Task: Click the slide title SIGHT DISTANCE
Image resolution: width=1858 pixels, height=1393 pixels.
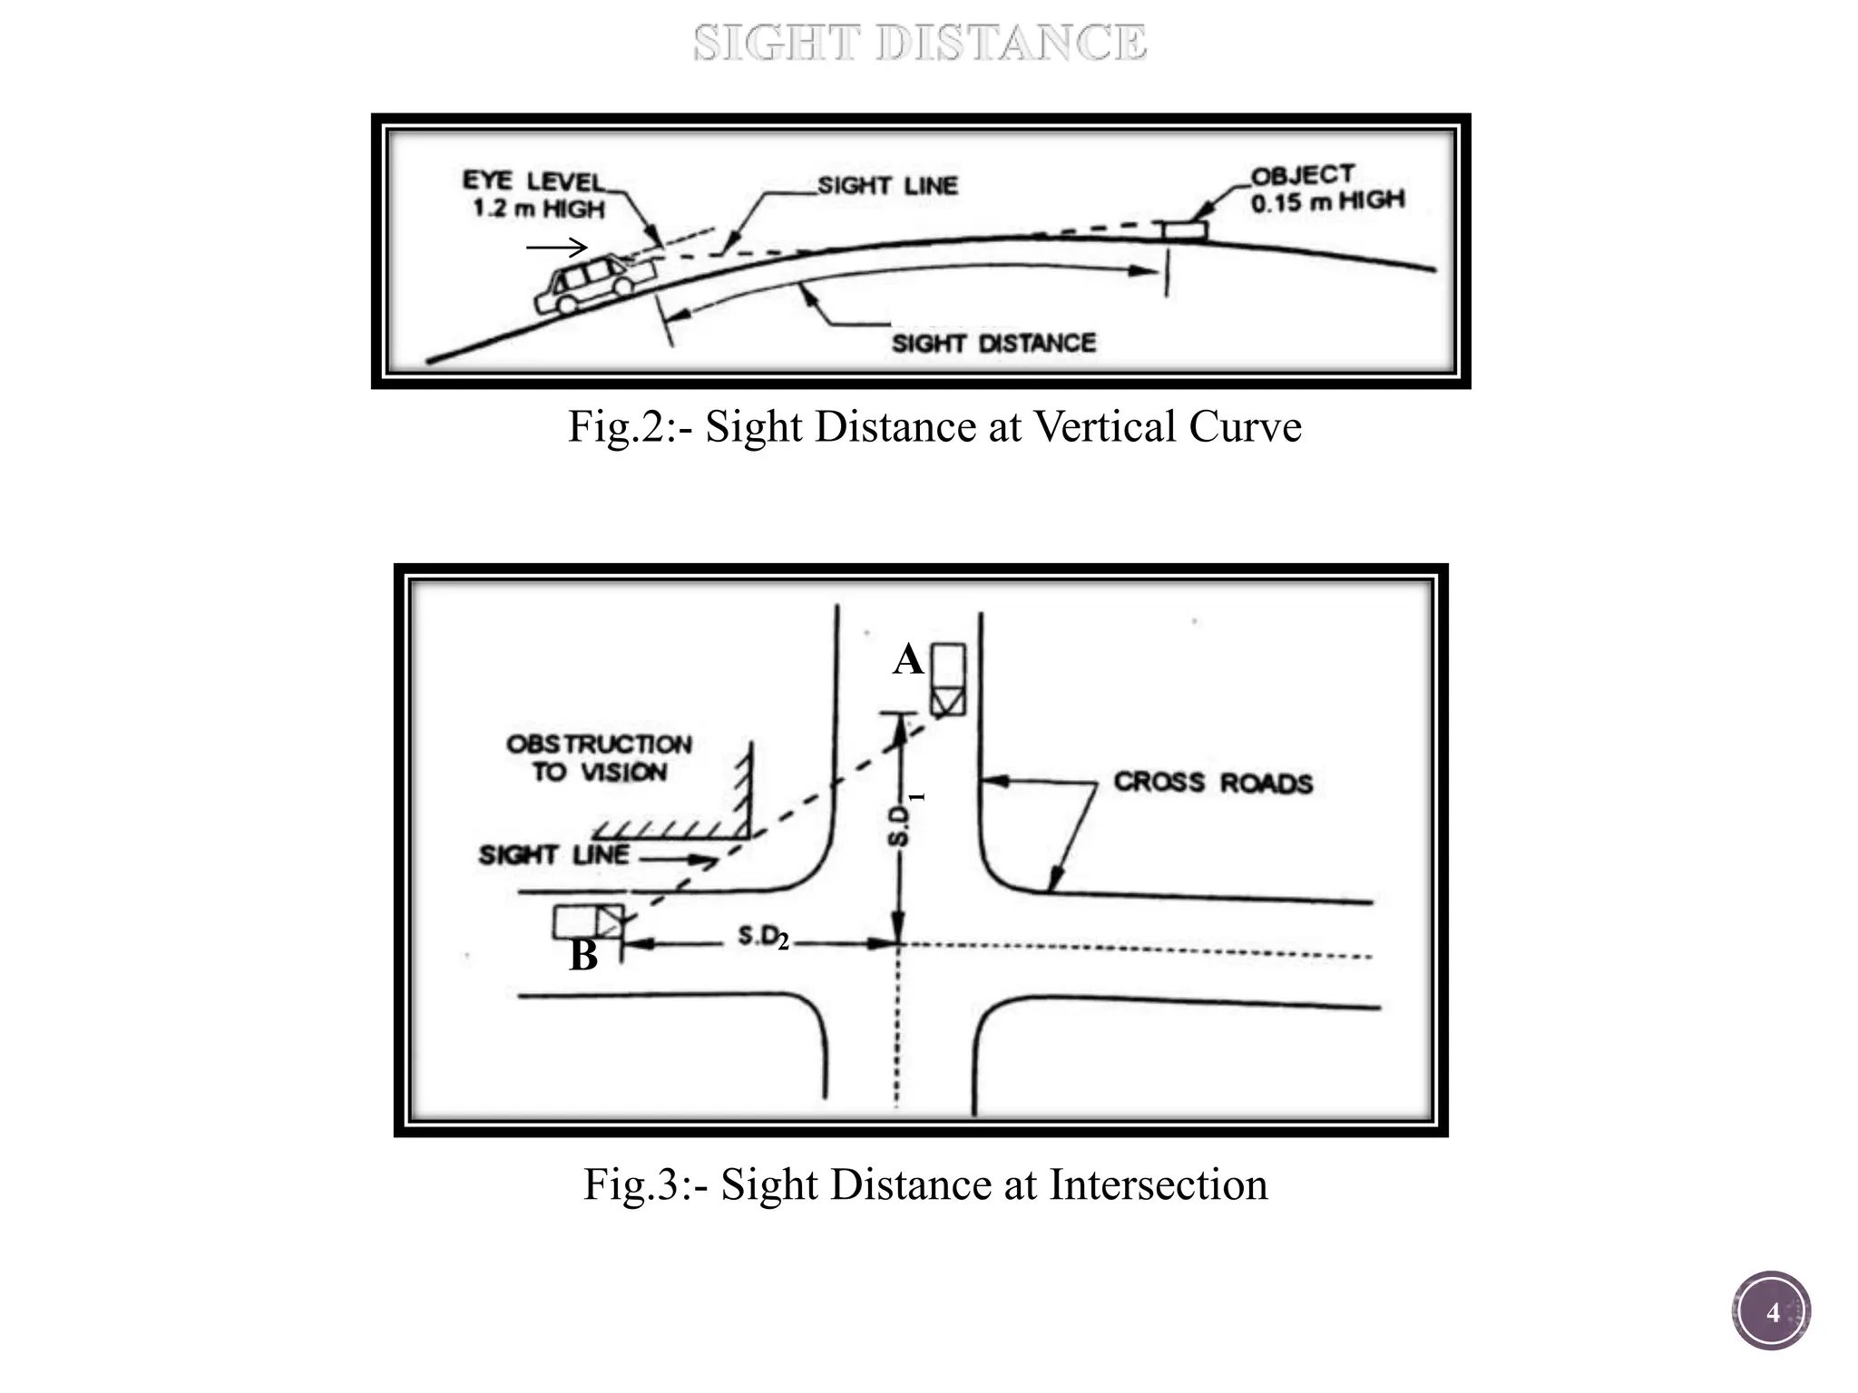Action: click(x=920, y=44)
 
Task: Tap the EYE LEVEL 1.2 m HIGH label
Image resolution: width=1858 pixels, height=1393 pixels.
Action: click(x=535, y=194)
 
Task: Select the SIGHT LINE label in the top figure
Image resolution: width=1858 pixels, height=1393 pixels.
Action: click(x=887, y=186)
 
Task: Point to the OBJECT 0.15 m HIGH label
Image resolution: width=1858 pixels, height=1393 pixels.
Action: click(x=1326, y=189)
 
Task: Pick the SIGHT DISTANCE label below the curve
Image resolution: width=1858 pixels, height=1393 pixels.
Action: click(x=993, y=343)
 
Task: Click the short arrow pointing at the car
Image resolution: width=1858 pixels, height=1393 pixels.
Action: click(x=557, y=247)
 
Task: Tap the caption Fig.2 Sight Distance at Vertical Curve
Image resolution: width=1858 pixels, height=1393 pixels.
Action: click(x=934, y=426)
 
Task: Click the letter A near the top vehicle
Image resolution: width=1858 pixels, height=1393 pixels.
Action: click(x=908, y=659)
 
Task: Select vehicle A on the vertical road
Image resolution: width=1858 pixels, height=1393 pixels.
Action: click(x=949, y=680)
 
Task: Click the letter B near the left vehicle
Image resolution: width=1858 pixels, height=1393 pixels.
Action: click(x=583, y=955)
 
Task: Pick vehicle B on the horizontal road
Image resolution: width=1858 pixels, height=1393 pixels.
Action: click(x=589, y=921)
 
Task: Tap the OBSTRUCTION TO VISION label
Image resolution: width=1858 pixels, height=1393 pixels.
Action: click(x=599, y=758)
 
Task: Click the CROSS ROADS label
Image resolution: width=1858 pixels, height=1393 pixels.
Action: click(x=1213, y=782)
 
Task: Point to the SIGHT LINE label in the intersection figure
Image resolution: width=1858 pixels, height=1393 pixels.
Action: click(x=553, y=854)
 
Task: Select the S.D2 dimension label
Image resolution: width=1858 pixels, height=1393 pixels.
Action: click(x=763, y=939)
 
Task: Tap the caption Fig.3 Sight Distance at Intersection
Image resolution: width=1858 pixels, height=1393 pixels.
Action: click(x=925, y=1184)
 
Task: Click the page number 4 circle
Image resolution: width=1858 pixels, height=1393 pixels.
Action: click(x=1771, y=1312)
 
